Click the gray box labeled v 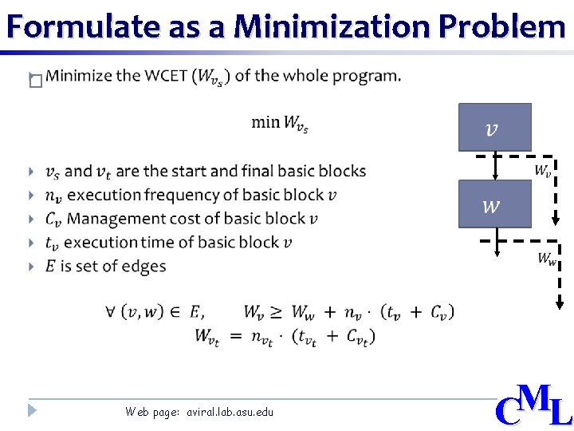(494, 128)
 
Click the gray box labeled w (494, 204)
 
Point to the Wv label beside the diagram (542, 171)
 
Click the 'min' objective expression (280, 123)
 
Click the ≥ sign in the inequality (275, 311)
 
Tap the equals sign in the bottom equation (236, 336)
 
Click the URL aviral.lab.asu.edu (230, 412)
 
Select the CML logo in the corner (533, 405)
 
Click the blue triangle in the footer (32, 410)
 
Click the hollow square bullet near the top (34, 81)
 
